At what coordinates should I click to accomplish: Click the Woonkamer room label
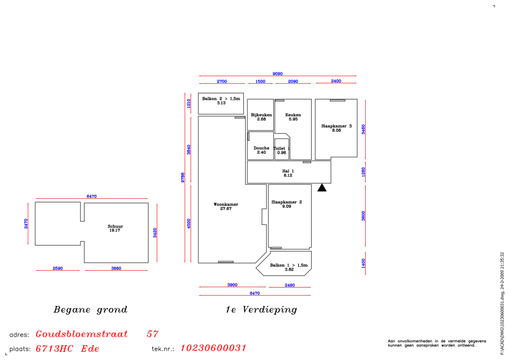[x=226, y=204]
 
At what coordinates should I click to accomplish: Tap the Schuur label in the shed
[x=115, y=226]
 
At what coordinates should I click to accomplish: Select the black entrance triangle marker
[x=322, y=187]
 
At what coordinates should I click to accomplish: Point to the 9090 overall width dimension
[x=277, y=74]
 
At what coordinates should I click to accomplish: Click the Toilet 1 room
[x=282, y=149]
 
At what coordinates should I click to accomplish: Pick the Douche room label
[x=262, y=148]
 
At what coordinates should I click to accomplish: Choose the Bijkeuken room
[x=261, y=115]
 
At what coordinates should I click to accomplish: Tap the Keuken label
[x=293, y=115]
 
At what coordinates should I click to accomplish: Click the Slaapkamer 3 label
[x=336, y=126]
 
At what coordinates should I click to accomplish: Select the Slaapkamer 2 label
[x=287, y=202]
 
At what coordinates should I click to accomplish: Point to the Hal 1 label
[x=288, y=171]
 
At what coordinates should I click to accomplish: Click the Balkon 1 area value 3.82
[x=289, y=270]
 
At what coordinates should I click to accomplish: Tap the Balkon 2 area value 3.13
[x=221, y=103]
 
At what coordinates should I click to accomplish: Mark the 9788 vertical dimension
[x=183, y=177]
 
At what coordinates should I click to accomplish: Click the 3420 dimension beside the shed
[x=155, y=233]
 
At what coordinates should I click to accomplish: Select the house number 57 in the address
[x=152, y=334]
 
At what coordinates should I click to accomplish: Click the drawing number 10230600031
[x=213, y=348]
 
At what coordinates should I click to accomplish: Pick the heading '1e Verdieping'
[x=262, y=310]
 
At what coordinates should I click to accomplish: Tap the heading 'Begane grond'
[x=90, y=310]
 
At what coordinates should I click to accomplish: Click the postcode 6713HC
[x=55, y=349]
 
